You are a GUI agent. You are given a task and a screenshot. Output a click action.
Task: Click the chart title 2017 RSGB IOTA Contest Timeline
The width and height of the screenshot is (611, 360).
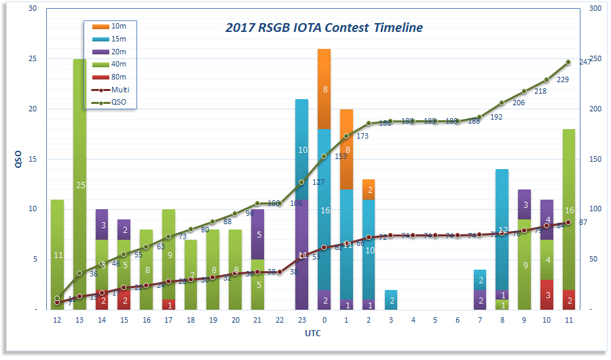point(324,28)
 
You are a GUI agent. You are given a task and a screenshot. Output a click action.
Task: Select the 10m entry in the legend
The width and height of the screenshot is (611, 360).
point(119,26)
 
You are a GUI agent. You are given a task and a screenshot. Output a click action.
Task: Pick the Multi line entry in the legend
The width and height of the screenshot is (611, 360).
point(119,90)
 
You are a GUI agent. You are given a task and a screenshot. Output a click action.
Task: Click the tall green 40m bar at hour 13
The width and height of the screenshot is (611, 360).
point(79,183)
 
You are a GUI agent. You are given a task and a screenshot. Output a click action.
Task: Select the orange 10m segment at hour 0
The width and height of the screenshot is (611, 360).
point(324,88)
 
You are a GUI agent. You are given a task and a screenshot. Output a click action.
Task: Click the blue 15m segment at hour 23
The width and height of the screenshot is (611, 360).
point(301,149)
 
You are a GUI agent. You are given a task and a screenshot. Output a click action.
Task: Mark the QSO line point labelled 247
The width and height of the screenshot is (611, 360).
point(568,62)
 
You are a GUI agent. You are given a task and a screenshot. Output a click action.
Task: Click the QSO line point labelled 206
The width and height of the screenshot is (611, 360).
point(502,103)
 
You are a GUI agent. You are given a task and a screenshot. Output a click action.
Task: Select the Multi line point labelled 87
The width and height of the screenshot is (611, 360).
point(568,222)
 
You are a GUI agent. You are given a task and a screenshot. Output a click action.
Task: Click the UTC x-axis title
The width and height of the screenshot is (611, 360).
point(313,334)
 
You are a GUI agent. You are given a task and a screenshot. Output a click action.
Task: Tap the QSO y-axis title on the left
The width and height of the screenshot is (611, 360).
point(18,160)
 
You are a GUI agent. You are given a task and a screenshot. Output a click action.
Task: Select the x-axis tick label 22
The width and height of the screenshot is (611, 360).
point(279,319)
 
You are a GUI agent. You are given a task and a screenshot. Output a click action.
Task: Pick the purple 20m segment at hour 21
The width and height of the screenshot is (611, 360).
point(257,234)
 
